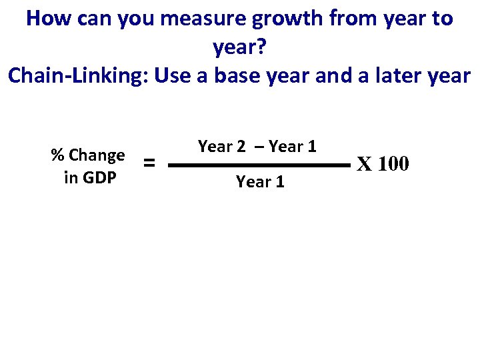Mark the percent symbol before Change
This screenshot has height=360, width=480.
point(58,156)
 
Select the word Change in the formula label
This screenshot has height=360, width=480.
point(97,155)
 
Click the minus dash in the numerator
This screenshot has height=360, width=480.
point(257,147)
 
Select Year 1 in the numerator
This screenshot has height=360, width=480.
point(292,147)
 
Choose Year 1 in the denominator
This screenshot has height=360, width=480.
point(260,182)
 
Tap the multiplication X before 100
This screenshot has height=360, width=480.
point(364,163)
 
